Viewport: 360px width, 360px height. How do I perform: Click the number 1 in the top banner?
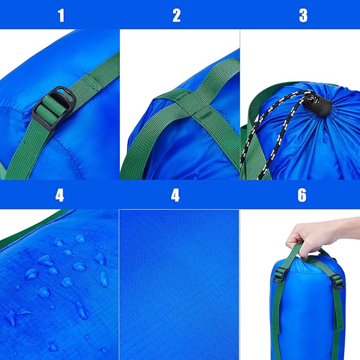pos(61,15)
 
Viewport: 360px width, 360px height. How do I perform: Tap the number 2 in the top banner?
pos(177,15)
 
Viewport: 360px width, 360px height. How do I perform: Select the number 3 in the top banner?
pos(303,15)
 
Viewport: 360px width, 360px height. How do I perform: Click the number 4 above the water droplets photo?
pos(59,196)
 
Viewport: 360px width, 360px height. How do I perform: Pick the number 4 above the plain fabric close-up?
pos(175,196)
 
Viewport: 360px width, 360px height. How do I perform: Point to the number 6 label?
pos(302,196)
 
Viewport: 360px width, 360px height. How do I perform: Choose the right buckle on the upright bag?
pos(338,282)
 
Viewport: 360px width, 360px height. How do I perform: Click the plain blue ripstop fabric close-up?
pos(179,285)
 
